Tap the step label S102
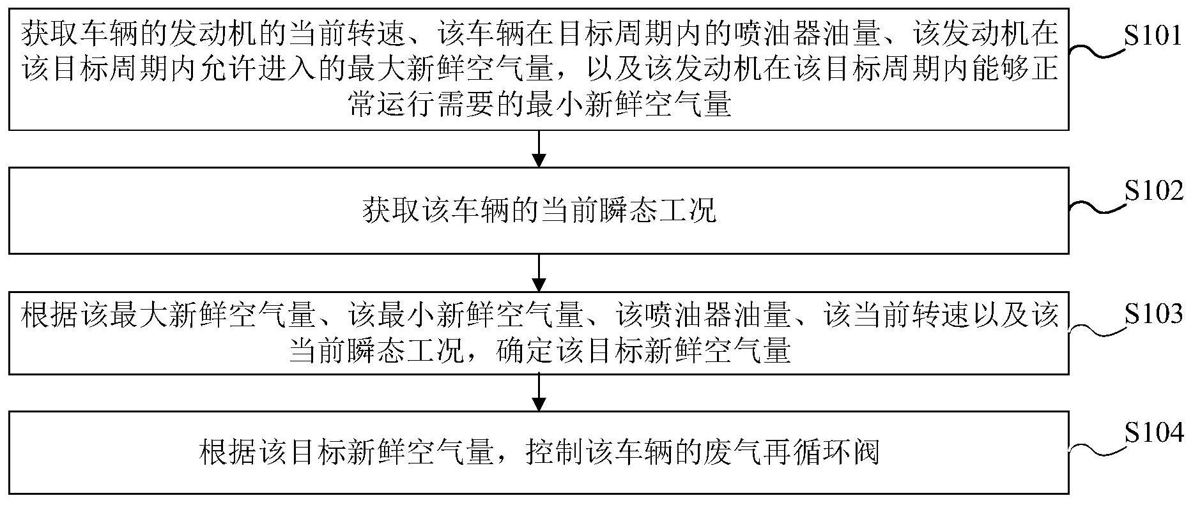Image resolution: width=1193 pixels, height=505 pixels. (x=1153, y=191)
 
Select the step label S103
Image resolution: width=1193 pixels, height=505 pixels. (x=1153, y=313)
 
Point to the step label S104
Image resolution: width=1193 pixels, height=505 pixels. (x=1153, y=433)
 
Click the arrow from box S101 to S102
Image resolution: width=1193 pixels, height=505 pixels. (x=539, y=149)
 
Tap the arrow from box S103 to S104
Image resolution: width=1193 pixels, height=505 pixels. (x=539, y=393)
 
